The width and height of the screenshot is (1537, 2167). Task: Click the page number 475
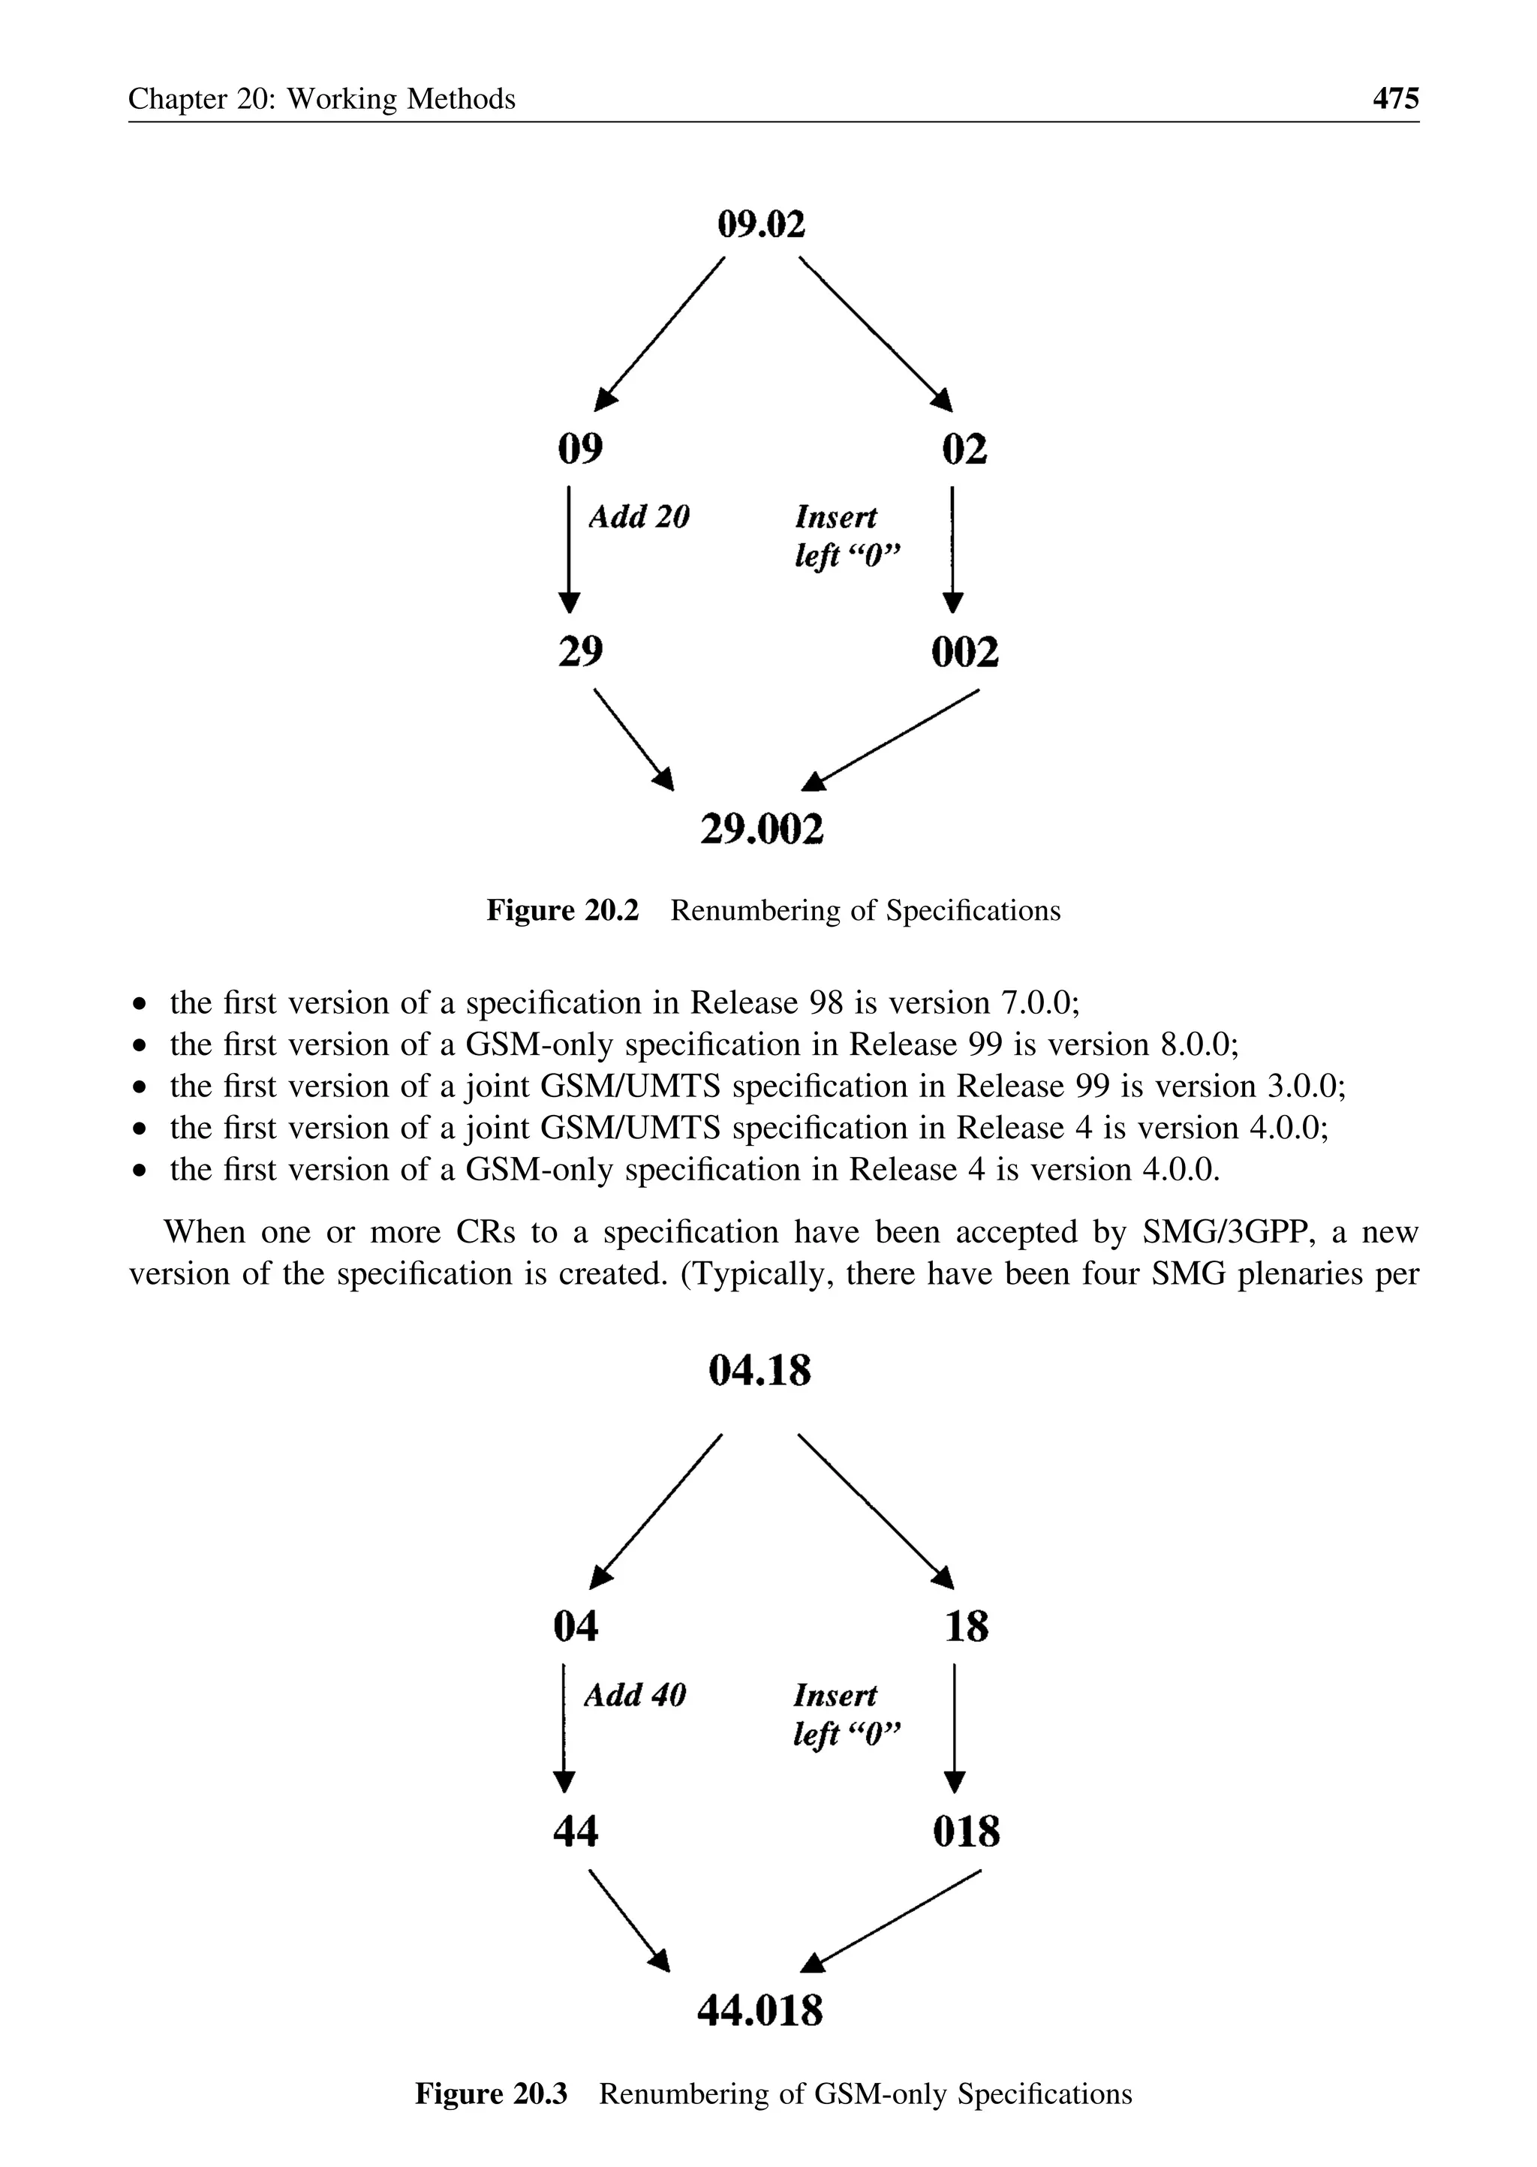coord(1395,98)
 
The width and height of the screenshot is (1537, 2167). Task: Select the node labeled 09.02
coord(761,225)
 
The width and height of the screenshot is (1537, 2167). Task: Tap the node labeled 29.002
coord(762,829)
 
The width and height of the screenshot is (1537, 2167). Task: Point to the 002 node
coord(964,652)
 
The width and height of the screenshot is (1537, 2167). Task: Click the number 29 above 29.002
coord(580,651)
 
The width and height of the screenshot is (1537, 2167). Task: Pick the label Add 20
coord(639,517)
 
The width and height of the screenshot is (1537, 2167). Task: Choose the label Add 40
coord(634,1694)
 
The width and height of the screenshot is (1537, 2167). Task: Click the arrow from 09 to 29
coord(568,549)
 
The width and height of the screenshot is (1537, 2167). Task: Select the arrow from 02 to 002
coord(953,549)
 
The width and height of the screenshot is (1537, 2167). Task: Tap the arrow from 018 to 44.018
coord(895,1919)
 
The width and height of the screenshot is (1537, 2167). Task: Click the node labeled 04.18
coord(760,1370)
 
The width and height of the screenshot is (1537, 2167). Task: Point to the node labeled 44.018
coord(760,2010)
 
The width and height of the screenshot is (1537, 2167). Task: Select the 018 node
coord(965,1831)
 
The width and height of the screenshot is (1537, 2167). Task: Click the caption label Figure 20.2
coord(562,910)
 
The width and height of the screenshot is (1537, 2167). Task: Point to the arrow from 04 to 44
coord(564,1727)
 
